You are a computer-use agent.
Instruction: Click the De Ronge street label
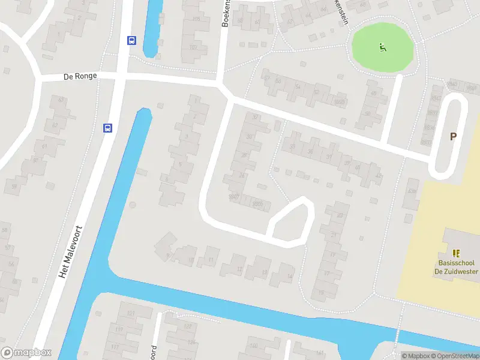pyautogui.click(x=80, y=76)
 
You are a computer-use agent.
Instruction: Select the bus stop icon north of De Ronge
pyautogui.click(x=131, y=41)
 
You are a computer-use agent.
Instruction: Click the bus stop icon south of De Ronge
pyautogui.click(x=108, y=128)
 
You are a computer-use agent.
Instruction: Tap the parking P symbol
pyautogui.click(x=454, y=136)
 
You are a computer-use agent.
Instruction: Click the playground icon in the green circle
pyautogui.click(x=382, y=47)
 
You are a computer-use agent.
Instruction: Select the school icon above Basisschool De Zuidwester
pyautogui.click(x=457, y=253)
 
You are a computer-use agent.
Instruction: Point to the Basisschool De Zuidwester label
pyautogui.click(x=457, y=267)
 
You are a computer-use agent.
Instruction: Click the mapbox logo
pyautogui.click(x=27, y=352)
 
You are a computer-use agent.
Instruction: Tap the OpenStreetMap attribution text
pyautogui.click(x=453, y=356)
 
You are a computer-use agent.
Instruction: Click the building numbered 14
pyautogui.click(x=289, y=277)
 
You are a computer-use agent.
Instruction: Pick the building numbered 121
pyautogui.click(x=130, y=314)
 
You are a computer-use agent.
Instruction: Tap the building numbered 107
pyautogui.click(x=194, y=47)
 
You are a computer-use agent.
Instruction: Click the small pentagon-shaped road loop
pyautogui.click(x=292, y=221)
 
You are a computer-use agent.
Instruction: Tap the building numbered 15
pyautogui.click(x=322, y=293)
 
